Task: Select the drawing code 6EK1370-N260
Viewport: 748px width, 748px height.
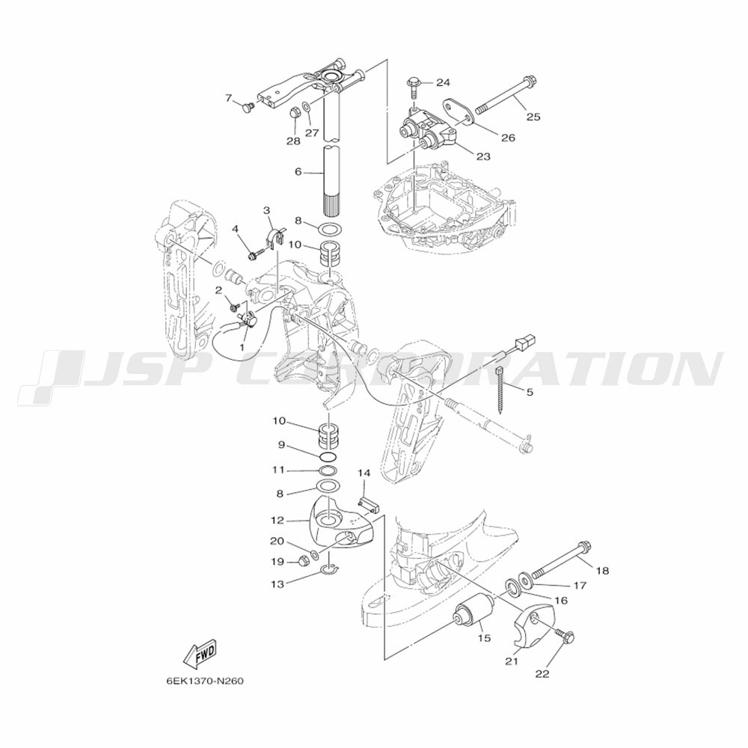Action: tap(205, 682)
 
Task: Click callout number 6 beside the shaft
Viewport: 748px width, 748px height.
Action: tap(298, 172)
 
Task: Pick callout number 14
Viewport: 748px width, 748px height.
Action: tap(364, 473)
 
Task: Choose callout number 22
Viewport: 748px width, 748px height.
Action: tap(542, 673)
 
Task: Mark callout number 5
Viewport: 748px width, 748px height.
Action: tap(530, 392)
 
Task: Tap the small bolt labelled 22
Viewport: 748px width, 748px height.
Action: tap(567, 637)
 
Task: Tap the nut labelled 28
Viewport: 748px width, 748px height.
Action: tap(295, 114)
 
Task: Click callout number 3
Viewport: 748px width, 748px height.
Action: tap(266, 210)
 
